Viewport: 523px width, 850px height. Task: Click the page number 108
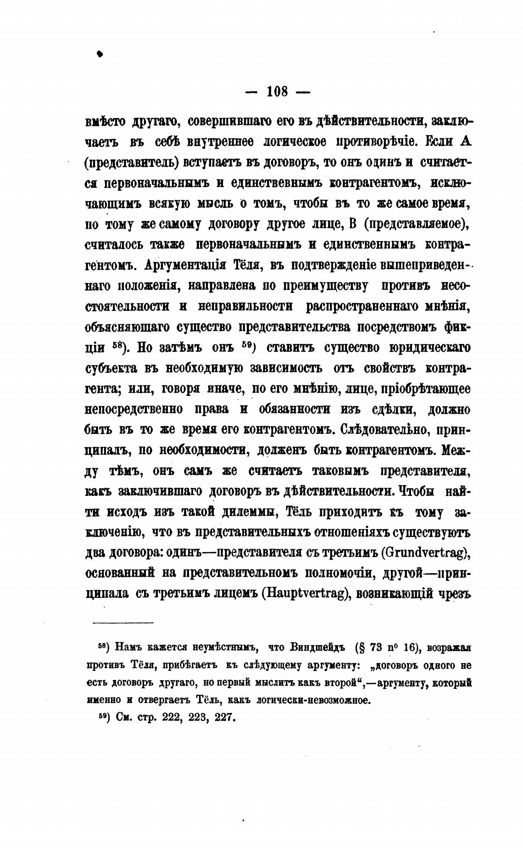[277, 92]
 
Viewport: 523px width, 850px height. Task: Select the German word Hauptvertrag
[306, 594]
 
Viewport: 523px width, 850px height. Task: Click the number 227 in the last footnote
[224, 717]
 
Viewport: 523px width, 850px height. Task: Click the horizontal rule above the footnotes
[123, 623]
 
